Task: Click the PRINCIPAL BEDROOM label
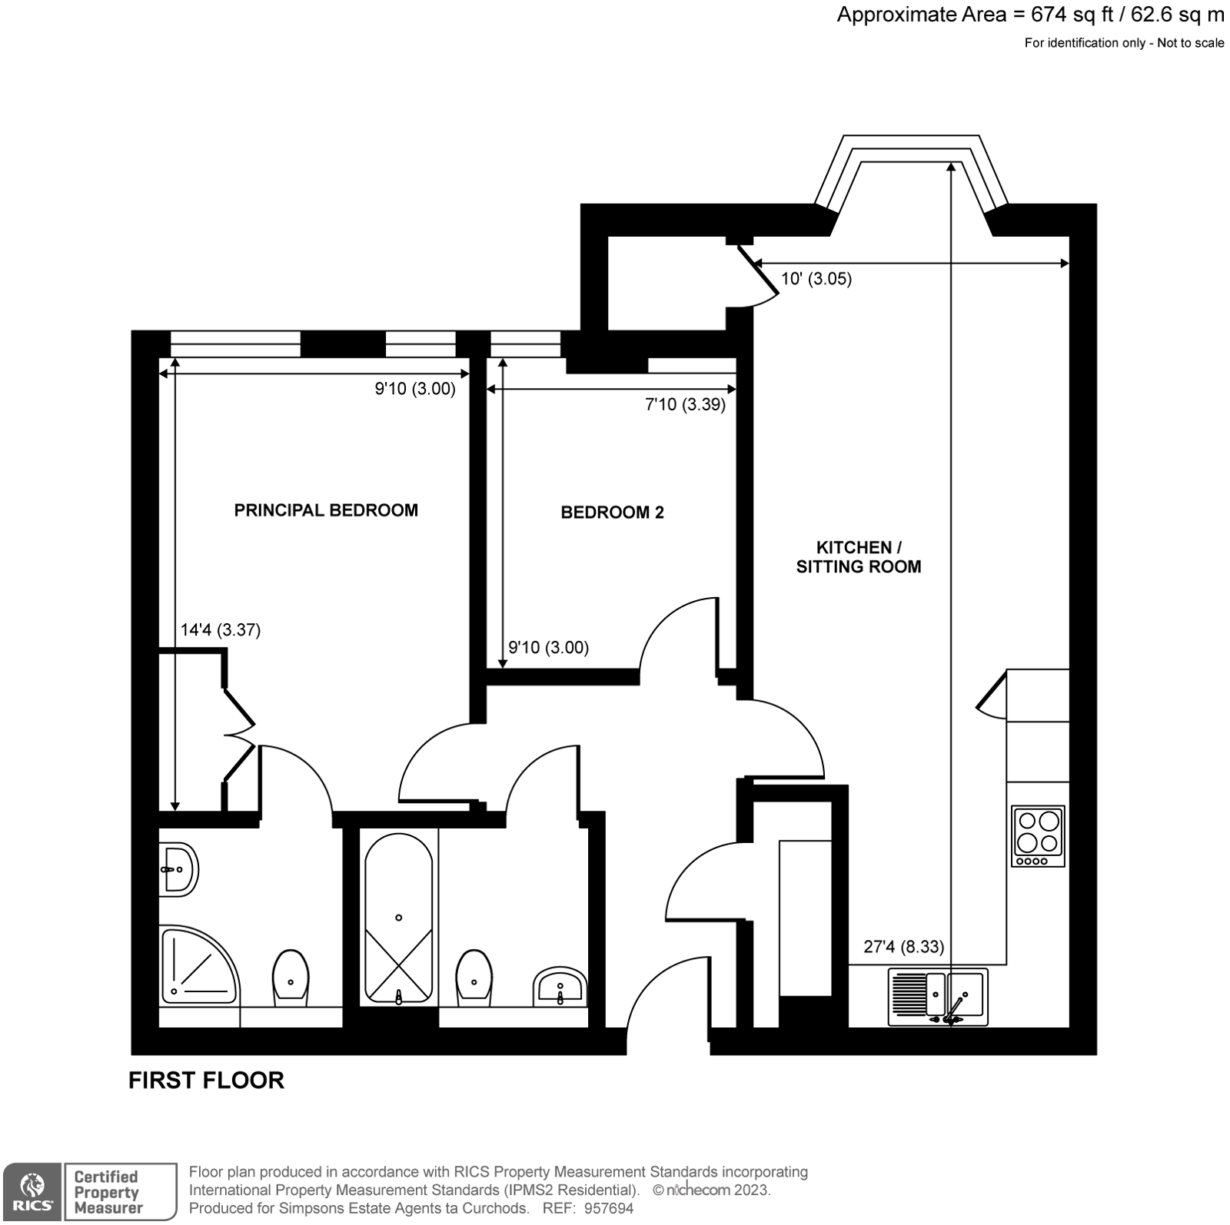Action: pyautogui.click(x=326, y=510)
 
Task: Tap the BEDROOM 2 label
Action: pyautogui.click(x=612, y=513)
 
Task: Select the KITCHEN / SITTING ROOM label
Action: pyautogui.click(x=858, y=557)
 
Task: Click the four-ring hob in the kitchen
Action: pyautogui.click(x=1038, y=836)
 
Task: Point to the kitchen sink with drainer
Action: pyautogui.click(x=938, y=997)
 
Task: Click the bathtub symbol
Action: pyautogui.click(x=398, y=918)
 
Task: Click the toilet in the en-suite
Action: pyautogui.click(x=291, y=978)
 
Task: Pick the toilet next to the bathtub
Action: pyautogui.click(x=474, y=978)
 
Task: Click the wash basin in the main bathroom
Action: pyautogui.click(x=560, y=987)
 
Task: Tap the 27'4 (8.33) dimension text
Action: pyautogui.click(x=903, y=947)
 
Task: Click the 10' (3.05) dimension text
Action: pyautogui.click(x=816, y=279)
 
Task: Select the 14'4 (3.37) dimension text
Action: pyautogui.click(x=221, y=630)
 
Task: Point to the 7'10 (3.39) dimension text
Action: pyautogui.click(x=685, y=404)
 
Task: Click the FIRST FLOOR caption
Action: pyautogui.click(x=206, y=1080)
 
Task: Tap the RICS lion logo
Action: pyautogui.click(x=32, y=1191)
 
